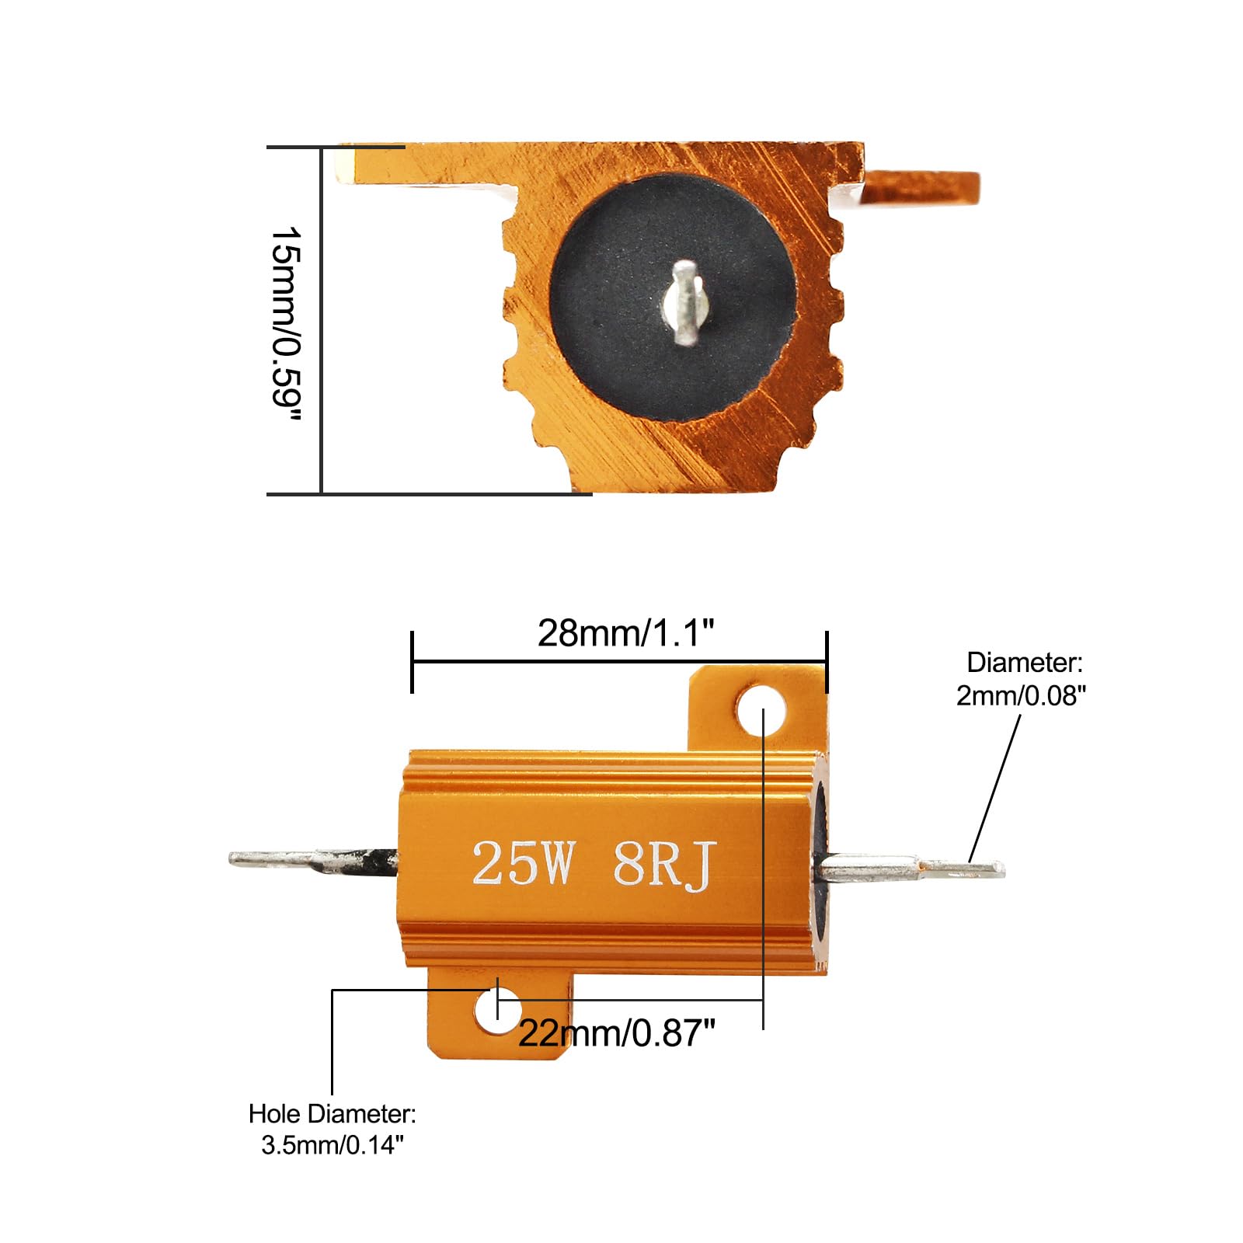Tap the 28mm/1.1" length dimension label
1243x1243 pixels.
tap(625, 633)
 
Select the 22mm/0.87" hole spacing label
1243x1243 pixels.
tap(617, 1033)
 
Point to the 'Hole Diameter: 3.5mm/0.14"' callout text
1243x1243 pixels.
tap(333, 1129)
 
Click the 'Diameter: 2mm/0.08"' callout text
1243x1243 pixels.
tap(1022, 679)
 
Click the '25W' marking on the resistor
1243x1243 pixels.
tap(523, 863)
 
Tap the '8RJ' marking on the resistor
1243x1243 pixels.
tap(663, 865)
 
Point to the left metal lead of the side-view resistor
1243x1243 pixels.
tap(311, 861)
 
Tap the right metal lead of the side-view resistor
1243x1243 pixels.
tap(909, 868)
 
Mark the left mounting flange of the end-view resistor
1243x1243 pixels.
tap(420, 165)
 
